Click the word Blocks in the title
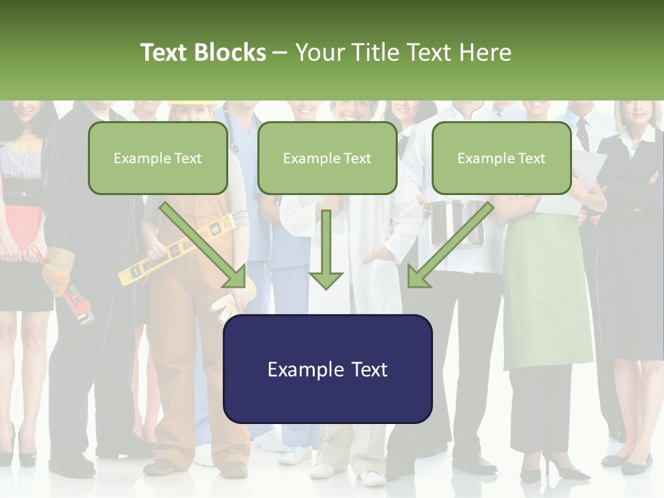(230, 53)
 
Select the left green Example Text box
(158, 158)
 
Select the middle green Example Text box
(327, 158)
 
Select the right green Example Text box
(501, 158)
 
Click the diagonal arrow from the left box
(204, 245)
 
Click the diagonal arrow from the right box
(450, 245)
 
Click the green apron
(546, 297)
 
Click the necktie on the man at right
(583, 133)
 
